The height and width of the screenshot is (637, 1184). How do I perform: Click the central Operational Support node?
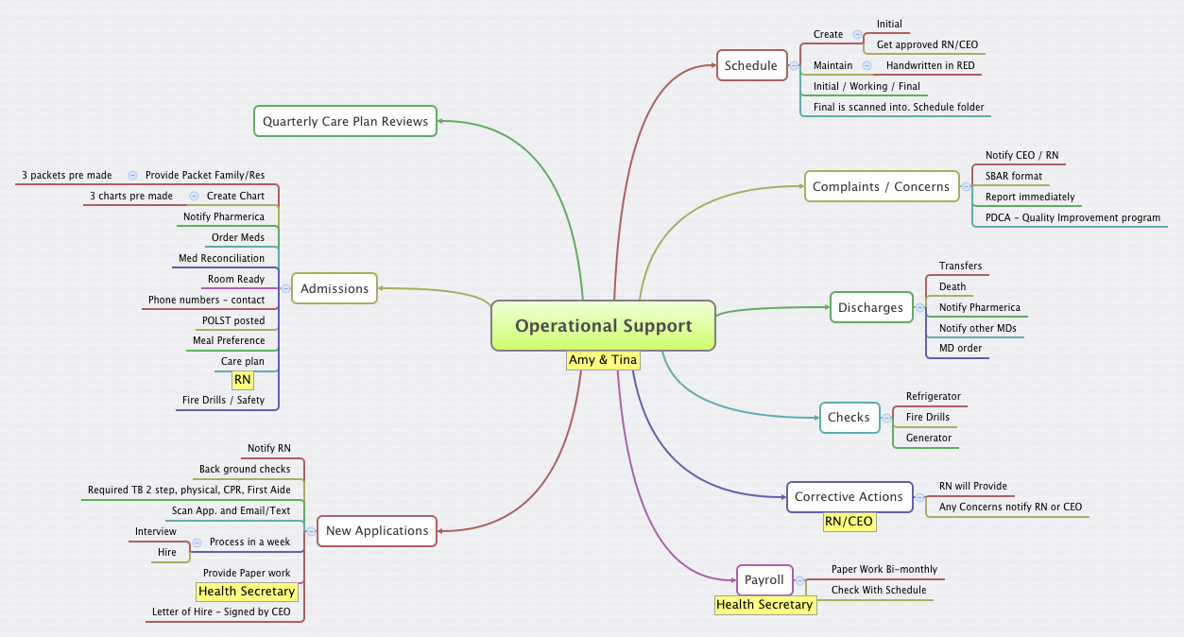pos(603,326)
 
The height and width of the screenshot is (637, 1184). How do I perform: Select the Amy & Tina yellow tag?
pos(603,360)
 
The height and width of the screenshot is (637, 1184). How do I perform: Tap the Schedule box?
pos(751,65)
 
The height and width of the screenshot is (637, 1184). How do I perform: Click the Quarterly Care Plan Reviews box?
pos(345,121)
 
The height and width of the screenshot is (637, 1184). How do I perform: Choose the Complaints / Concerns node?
pos(881,186)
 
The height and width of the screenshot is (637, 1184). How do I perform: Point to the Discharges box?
pos(870,307)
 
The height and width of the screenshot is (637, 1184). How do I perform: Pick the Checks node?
pos(849,417)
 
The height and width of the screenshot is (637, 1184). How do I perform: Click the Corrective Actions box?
pos(849,496)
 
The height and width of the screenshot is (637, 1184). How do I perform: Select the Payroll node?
pos(764,579)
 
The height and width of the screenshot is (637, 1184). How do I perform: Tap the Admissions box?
pos(335,288)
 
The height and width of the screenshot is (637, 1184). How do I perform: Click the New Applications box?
pos(377,530)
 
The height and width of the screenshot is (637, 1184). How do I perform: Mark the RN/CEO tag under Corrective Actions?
pos(849,521)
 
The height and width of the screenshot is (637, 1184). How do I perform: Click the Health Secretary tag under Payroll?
pos(764,604)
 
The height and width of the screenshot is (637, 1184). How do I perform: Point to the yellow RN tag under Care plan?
pos(243,380)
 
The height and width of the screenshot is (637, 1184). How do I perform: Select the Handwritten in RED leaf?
pos(930,65)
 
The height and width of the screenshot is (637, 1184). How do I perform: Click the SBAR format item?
pos(1013,176)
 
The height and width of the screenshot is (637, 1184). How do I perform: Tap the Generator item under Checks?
pos(928,438)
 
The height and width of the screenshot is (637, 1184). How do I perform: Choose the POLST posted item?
pos(233,320)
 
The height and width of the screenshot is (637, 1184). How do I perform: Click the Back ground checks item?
pos(245,469)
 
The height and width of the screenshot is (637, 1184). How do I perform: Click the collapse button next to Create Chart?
pos(194,196)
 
